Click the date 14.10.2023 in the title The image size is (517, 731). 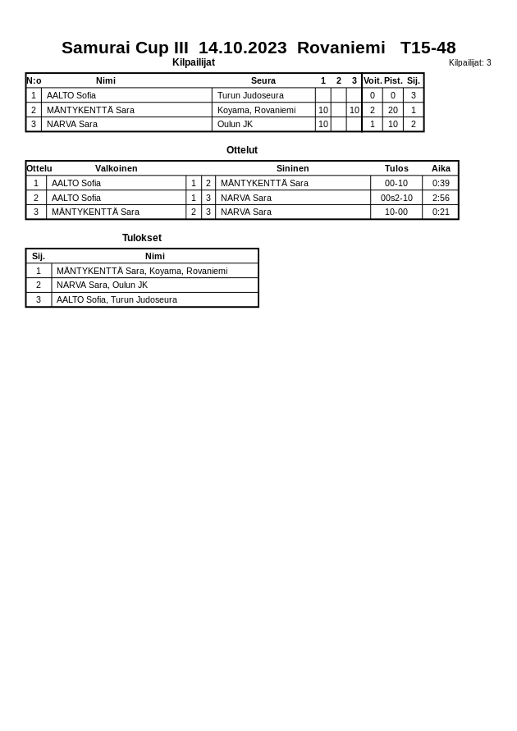pos(242,48)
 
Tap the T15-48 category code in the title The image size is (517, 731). pos(428,48)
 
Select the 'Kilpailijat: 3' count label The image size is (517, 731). pos(469,63)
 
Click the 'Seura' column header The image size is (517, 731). pos(263,80)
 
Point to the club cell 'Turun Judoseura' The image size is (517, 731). pos(250,95)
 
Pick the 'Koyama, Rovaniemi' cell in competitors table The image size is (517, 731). pos(256,110)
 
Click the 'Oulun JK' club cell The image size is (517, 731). pos(235,125)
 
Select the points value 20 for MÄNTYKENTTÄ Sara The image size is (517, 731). pos(393,110)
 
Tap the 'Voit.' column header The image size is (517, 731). pos(373,80)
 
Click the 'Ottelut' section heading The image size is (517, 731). pos(242,150)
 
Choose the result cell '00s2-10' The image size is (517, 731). pos(396,198)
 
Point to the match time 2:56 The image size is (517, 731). pos(441,198)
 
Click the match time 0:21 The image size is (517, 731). pos(441,212)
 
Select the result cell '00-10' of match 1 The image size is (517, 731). pos(396,183)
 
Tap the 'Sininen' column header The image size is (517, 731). pos(292,168)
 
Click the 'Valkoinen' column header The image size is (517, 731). pos(116,168)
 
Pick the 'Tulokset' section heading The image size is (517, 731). pos(142,238)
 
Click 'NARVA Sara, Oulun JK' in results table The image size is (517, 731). pos(102,285)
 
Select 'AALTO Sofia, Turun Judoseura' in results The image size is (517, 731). pos(117,299)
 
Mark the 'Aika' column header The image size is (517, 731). pos(441,168)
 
